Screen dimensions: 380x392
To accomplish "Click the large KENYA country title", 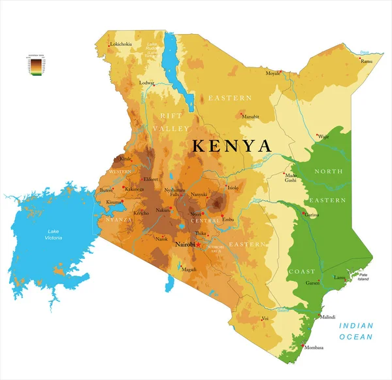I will (x=231, y=146).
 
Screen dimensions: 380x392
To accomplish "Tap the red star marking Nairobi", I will (x=199, y=245).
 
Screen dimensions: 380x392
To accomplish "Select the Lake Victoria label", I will (x=54, y=234).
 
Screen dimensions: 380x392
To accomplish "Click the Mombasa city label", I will (x=314, y=347).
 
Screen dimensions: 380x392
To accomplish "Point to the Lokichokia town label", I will (x=122, y=44).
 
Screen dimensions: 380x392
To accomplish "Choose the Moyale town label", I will (x=272, y=73).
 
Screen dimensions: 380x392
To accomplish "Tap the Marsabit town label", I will (x=251, y=116).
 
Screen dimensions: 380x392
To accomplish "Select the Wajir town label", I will (x=323, y=137).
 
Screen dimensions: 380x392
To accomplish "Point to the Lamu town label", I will (x=340, y=277).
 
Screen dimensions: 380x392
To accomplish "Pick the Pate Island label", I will (x=364, y=277).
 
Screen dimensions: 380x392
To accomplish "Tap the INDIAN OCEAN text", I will (x=355, y=331).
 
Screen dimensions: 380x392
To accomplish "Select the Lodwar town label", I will (x=146, y=83).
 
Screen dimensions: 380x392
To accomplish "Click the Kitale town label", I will (x=126, y=159).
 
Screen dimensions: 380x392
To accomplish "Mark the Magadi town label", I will (x=189, y=269).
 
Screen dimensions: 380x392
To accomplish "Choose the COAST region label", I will (x=301, y=271).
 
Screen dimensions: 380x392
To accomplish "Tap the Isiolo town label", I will (x=233, y=188).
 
